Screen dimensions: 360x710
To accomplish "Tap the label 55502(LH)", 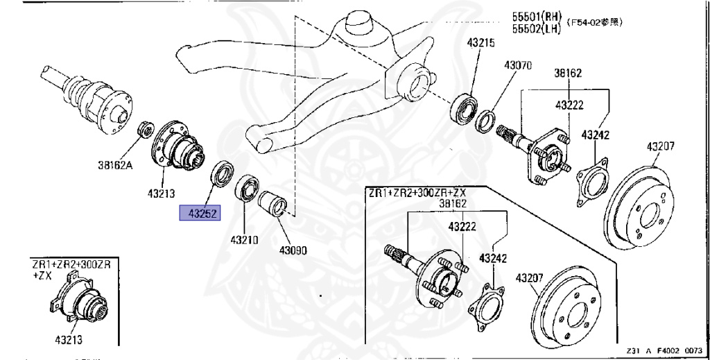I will click(x=537, y=29).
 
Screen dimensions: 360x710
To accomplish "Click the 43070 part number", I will click(x=517, y=65).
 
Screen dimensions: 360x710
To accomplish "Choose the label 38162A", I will click(x=117, y=166).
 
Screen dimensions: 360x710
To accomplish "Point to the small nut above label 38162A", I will click(x=146, y=128).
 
